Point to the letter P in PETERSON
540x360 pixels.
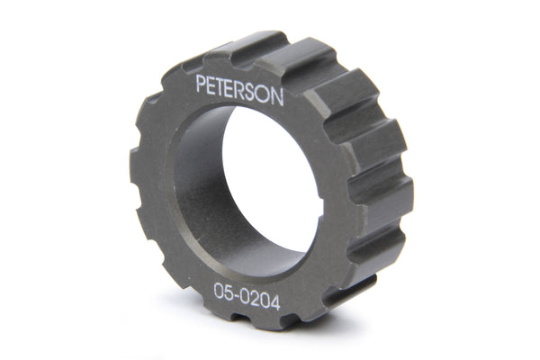coord(201,84)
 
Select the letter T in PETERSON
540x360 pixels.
coord(222,86)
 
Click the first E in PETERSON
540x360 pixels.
coord(211,85)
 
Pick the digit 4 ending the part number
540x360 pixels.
coord(275,302)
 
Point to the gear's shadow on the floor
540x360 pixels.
coord(378,297)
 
